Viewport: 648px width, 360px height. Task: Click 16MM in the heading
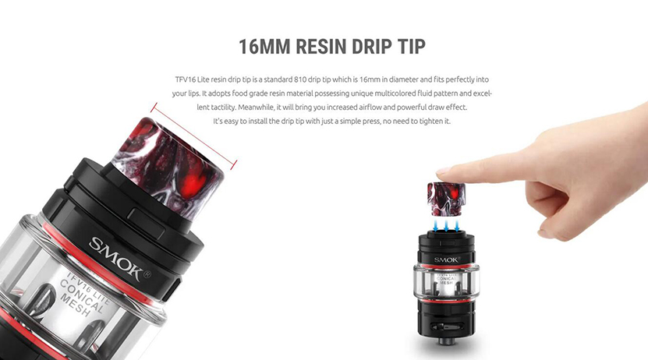(x=264, y=47)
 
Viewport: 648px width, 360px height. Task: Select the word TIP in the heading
(x=412, y=47)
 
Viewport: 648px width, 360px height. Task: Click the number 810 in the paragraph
(x=300, y=79)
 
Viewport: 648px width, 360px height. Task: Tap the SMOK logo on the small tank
(x=447, y=259)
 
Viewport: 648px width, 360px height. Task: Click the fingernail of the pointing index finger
(x=443, y=170)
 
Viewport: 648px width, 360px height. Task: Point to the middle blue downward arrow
(x=446, y=226)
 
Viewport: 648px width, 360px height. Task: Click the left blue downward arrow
(x=436, y=226)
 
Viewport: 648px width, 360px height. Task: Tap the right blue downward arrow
(x=457, y=226)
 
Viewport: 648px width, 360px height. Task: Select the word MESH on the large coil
(x=76, y=306)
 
